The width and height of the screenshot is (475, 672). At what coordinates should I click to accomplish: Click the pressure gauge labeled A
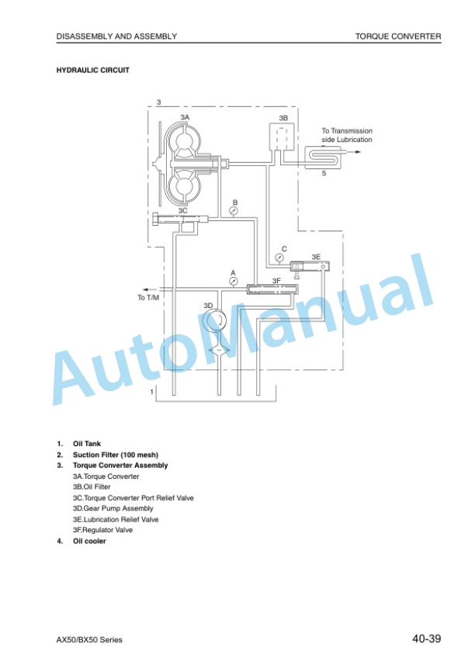tap(234, 281)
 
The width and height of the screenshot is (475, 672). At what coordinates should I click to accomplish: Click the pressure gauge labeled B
tap(234, 211)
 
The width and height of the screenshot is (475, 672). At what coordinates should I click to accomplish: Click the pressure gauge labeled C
tap(279, 258)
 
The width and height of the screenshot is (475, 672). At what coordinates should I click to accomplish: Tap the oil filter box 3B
tap(282, 137)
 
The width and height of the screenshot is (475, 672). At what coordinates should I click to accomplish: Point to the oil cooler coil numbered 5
tap(323, 158)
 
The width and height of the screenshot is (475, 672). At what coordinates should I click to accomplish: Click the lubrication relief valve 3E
tap(310, 266)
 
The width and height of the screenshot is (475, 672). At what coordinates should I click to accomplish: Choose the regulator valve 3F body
tap(272, 289)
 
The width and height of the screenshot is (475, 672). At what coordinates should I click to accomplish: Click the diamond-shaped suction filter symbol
tap(219, 351)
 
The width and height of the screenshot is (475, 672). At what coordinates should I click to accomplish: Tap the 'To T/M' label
tap(148, 297)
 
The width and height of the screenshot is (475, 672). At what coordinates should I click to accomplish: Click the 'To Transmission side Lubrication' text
tap(347, 135)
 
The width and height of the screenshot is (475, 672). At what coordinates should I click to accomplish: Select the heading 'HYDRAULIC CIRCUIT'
tap(93, 70)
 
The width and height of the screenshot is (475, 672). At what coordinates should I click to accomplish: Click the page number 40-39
tap(427, 639)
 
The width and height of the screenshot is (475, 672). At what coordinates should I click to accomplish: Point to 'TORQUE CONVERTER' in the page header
tap(398, 36)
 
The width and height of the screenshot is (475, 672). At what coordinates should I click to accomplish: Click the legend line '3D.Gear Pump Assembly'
tap(113, 508)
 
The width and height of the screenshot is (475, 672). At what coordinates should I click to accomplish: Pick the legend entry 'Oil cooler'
tap(89, 541)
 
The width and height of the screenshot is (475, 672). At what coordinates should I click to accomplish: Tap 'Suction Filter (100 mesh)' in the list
tap(116, 455)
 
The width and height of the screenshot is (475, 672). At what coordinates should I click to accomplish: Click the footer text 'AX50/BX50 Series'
tap(89, 639)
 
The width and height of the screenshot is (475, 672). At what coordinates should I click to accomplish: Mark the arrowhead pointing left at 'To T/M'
tap(146, 289)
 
